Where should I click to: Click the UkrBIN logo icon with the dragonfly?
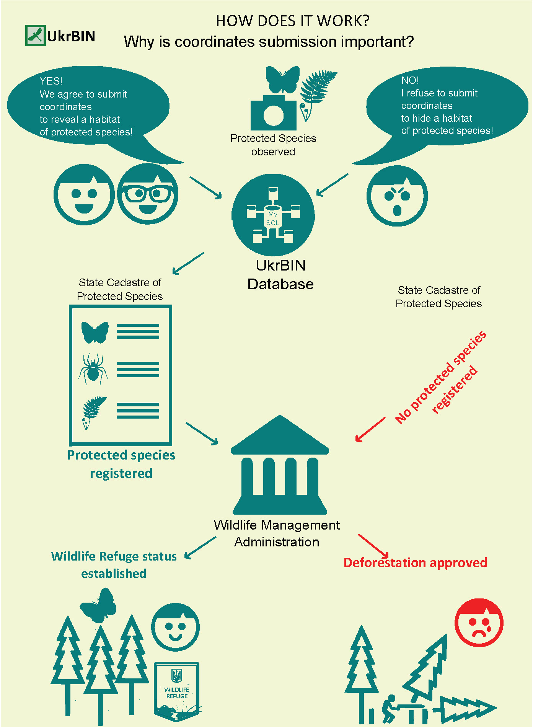pos(36,36)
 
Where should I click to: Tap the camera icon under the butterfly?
pos(274,112)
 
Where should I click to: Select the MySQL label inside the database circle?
pos(273,218)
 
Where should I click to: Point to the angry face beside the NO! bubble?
pos(397,196)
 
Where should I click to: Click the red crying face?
pos(479,623)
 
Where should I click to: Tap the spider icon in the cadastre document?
pos(93,369)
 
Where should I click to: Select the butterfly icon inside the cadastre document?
pos(95,332)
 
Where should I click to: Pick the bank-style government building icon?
pos(280,465)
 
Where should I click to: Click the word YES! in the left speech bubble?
pos(51,81)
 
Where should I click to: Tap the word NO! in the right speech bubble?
pos(410,80)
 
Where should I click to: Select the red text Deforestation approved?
pos(415,562)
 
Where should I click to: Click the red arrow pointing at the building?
pos(370,429)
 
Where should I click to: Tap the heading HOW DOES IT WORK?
pos(293,21)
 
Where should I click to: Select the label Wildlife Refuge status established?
pos(114,565)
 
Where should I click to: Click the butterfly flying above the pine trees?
pos(98,605)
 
